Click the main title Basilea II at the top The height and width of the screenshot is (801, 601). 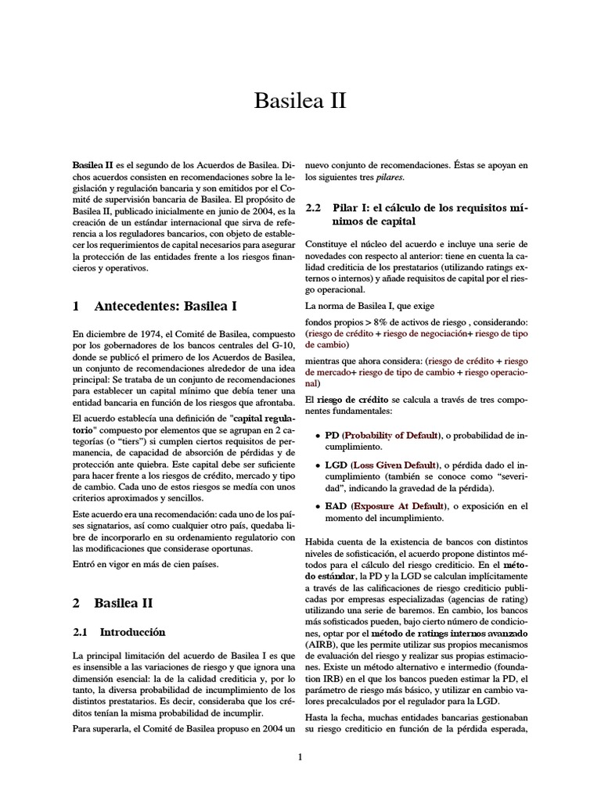(300, 102)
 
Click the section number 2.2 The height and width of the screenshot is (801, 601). (314, 209)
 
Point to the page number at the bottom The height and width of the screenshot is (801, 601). (300, 756)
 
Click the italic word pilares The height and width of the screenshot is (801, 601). (390, 178)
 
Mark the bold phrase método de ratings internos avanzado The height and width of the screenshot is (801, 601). (459, 631)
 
